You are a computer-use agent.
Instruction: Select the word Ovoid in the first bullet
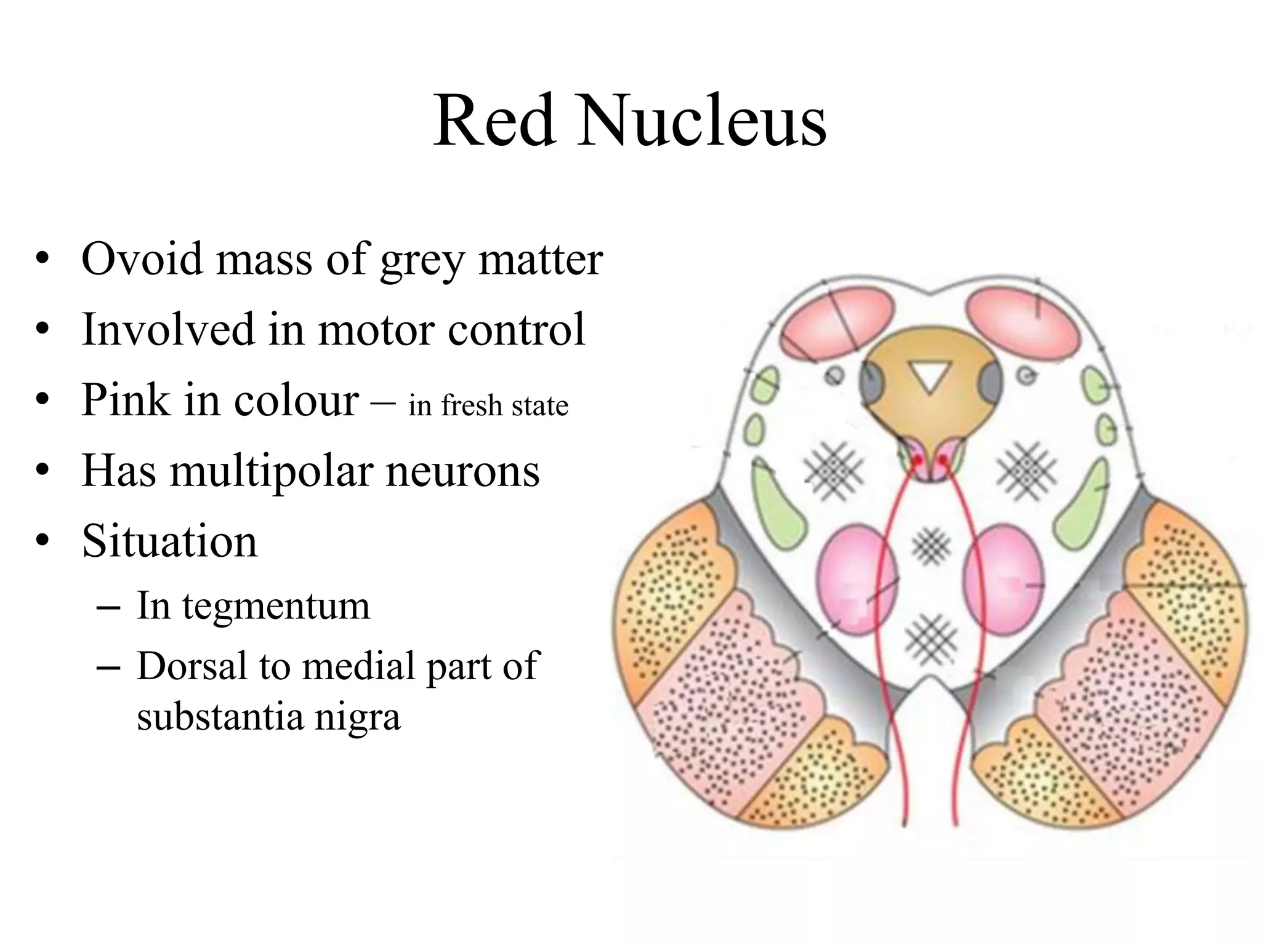(142, 259)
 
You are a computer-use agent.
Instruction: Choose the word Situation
(169, 541)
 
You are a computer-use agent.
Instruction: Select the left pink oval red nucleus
(856, 579)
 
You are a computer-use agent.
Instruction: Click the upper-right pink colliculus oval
(1024, 321)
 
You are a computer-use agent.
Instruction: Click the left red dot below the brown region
(917, 460)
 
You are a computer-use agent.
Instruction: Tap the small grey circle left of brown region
(834, 375)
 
